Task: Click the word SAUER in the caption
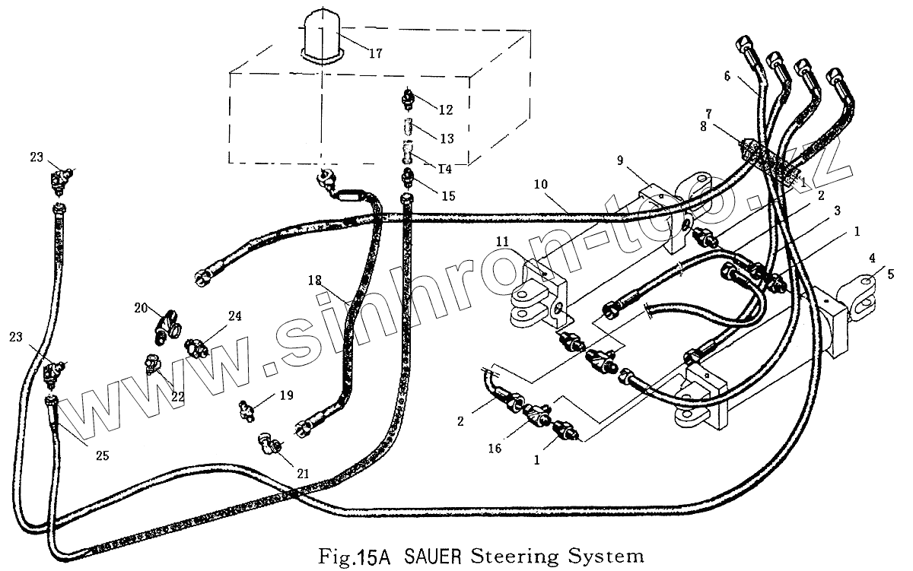(x=431, y=556)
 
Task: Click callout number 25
(x=101, y=455)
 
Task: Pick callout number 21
(x=304, y=473)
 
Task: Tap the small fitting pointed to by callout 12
(x=409, y=99)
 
